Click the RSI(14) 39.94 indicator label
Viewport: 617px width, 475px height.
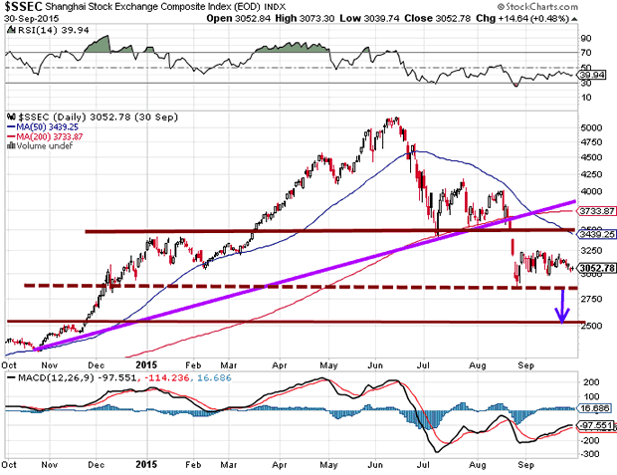(x=39, y=31)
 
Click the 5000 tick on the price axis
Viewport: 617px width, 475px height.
(x=592, y=128)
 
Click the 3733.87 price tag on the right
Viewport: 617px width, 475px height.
(x=594, y=210)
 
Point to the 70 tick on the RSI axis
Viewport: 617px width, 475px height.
(x=586, y=52)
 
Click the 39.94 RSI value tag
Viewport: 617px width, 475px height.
(x=591, y=74)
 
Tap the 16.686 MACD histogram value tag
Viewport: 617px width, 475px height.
(x=593, y=407)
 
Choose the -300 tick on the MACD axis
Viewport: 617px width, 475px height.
(x=590, y=454)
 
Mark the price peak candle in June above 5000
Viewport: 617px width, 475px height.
(x=396, y=120)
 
